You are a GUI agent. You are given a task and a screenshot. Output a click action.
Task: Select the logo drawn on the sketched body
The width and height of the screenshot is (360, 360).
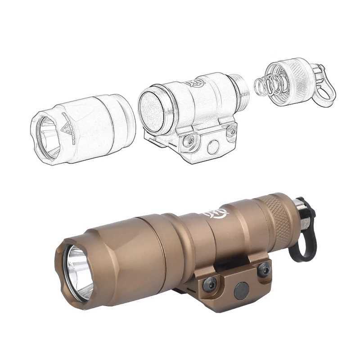pos(194,83)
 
